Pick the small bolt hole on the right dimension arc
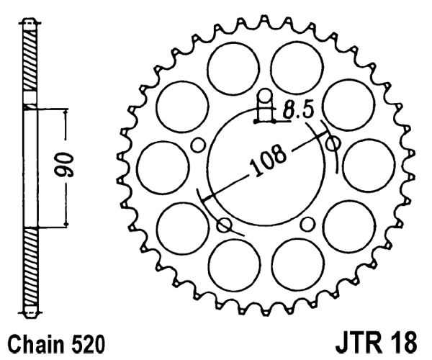332,145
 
